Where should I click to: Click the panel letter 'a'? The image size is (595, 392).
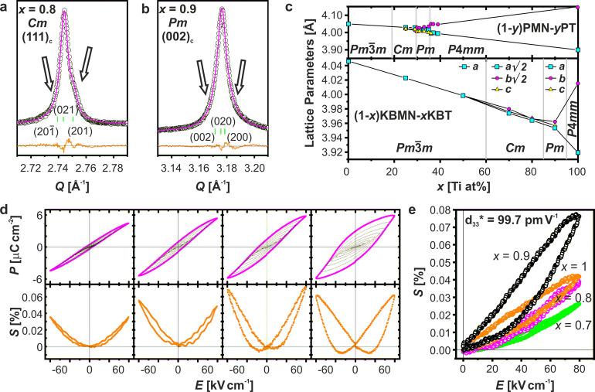click(x=5, y=7)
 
